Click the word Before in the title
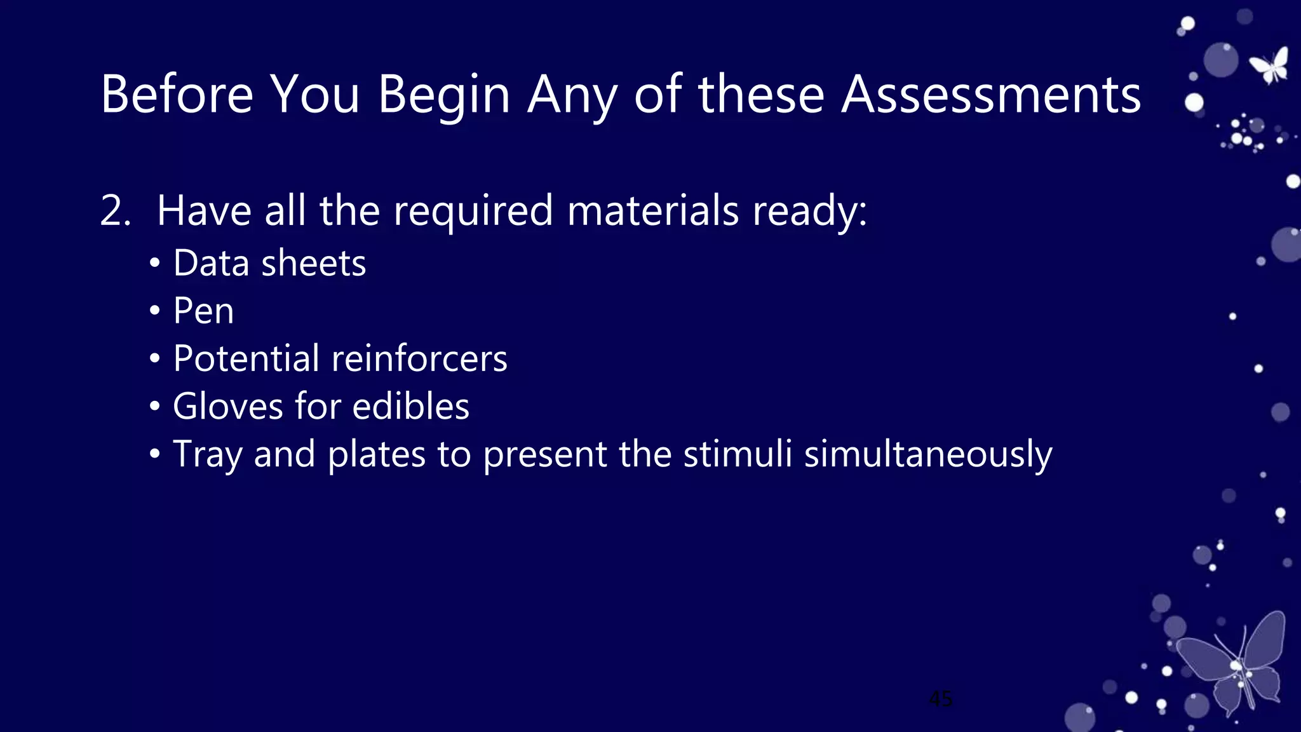[177, 94]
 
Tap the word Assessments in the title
[991, 94]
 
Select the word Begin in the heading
[444, 95]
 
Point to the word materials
[652, 211]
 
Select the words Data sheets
[269, 263]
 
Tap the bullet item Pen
[203, 311]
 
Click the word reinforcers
[419, 358]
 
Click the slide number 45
[940, 699]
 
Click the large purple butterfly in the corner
[1232, 664]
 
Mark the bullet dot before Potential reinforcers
[155, 359]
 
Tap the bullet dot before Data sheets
[155, 264]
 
